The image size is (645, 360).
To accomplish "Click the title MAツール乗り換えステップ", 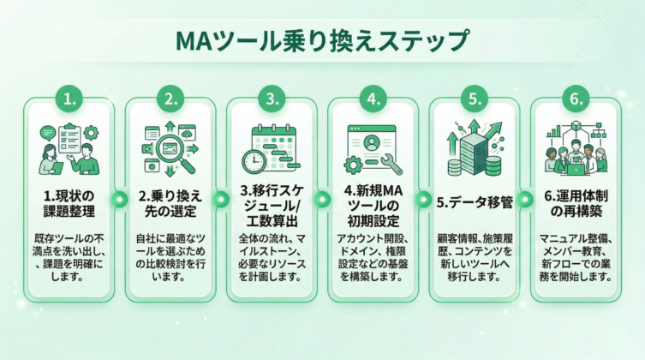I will pyautogui.click(x=321, y=40).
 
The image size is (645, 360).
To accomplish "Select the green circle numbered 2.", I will pyautogui.click(x=171, y=99).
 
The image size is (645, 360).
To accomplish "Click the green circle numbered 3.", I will pyautogui.click(x=272, y=99).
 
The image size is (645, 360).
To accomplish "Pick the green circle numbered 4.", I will pyautogui.click(x=373, y=99).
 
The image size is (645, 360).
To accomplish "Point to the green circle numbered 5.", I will pyautogui.click(x=474, y=99).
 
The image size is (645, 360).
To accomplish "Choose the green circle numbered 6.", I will pyautogui.click(x=575, y=99).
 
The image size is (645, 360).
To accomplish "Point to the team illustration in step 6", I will pyautogui.click(x=575, y=154).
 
